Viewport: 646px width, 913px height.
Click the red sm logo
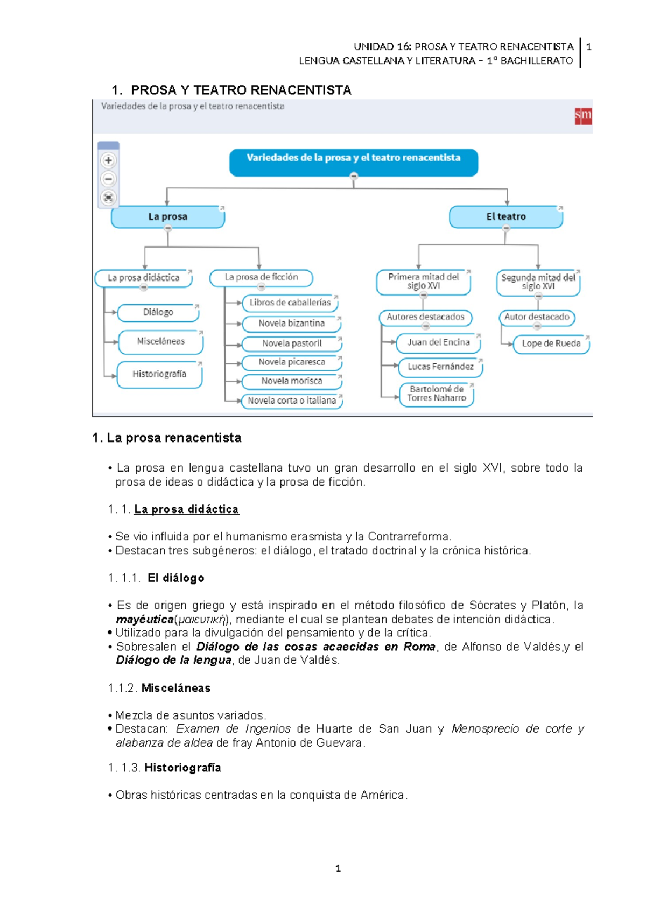[583, 115]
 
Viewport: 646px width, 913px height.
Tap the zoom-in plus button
[108, 160]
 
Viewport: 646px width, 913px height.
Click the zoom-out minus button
[108, 179]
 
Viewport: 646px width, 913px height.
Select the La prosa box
[167, 217]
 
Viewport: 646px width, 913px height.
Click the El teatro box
[505, 217]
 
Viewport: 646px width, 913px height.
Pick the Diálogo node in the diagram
[158, 312]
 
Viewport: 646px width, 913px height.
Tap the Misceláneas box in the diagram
[160, 341]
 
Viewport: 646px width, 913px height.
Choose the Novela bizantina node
[291, 324]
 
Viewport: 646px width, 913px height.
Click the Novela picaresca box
[291, 362]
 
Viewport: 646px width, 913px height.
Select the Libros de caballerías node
[290, 303]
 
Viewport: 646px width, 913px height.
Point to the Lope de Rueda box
[551, 343]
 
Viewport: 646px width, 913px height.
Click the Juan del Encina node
[438, 342]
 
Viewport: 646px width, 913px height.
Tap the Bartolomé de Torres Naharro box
[436, 394]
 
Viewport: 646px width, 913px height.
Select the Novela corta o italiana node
[291, 401]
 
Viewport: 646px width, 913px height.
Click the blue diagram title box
[353, 162]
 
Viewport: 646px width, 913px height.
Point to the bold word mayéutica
[144, 620]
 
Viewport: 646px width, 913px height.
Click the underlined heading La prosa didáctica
[186, 509]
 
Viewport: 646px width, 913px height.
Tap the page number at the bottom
[338, 868]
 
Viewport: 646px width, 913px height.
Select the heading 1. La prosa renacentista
[167, 438]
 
